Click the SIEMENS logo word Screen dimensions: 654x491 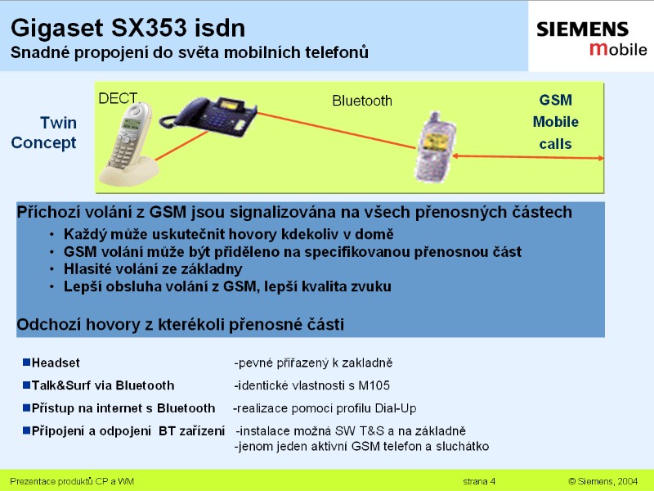(x=582, y=29)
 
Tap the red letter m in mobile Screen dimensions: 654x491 (x=598, y=49)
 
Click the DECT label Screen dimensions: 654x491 (x=118, y=98)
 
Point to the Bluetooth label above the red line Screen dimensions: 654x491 (x=362, y=101)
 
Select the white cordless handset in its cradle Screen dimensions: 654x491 (x=128, y=143)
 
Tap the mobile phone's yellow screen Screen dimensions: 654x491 (x=435, y=141)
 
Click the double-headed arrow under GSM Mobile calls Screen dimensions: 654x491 (x=527, y=157)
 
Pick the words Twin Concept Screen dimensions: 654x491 (x=43, y=133)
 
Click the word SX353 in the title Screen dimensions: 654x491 (x=149, y=28)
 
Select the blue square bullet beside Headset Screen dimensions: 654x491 (x=27, y=362)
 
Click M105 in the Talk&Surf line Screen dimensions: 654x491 (x=374, y=385)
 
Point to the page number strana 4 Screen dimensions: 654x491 (x=479, y=481)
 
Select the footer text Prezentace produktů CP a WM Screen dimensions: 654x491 (x=72, y=481)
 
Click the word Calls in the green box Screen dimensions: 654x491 (x=555, y=144)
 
